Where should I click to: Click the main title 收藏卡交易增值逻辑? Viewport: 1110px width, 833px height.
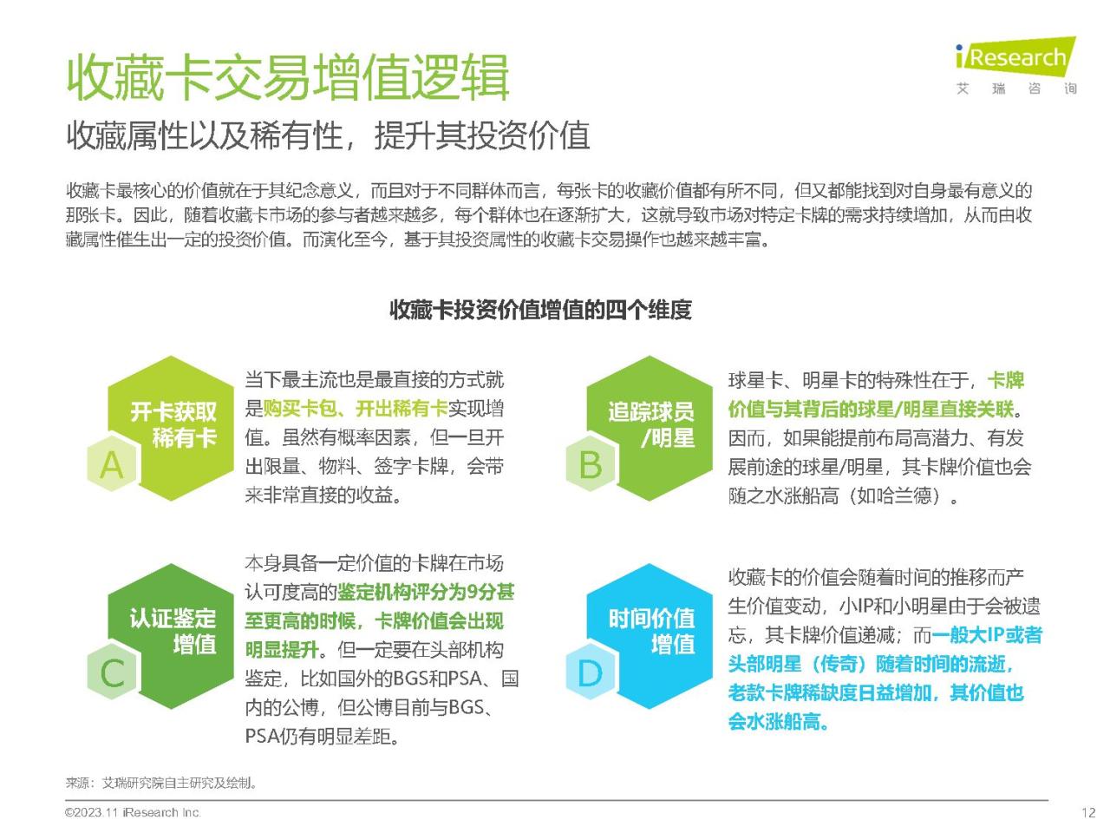point(288,78)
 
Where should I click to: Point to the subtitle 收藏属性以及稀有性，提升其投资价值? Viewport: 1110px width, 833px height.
point(328,135)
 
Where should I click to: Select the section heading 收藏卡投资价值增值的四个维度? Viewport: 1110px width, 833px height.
point(540,310)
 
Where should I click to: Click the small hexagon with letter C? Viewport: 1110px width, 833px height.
point(112,672)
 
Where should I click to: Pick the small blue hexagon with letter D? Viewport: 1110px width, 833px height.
point(591,672)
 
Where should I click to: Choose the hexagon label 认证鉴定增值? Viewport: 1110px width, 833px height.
point(173,632)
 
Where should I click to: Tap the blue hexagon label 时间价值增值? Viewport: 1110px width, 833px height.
point(651,632)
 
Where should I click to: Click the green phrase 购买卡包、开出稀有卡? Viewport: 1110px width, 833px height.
point(356,409)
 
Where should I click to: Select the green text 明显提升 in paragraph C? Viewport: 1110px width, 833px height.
point(282,649)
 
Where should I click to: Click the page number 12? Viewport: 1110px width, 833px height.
point(1088,813)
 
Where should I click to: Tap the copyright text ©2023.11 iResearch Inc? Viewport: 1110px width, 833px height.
point(133,813)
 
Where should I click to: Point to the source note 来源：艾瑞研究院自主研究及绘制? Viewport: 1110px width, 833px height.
point(161,784)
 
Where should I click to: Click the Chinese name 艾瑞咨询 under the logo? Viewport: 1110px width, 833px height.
point(1016,89)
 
